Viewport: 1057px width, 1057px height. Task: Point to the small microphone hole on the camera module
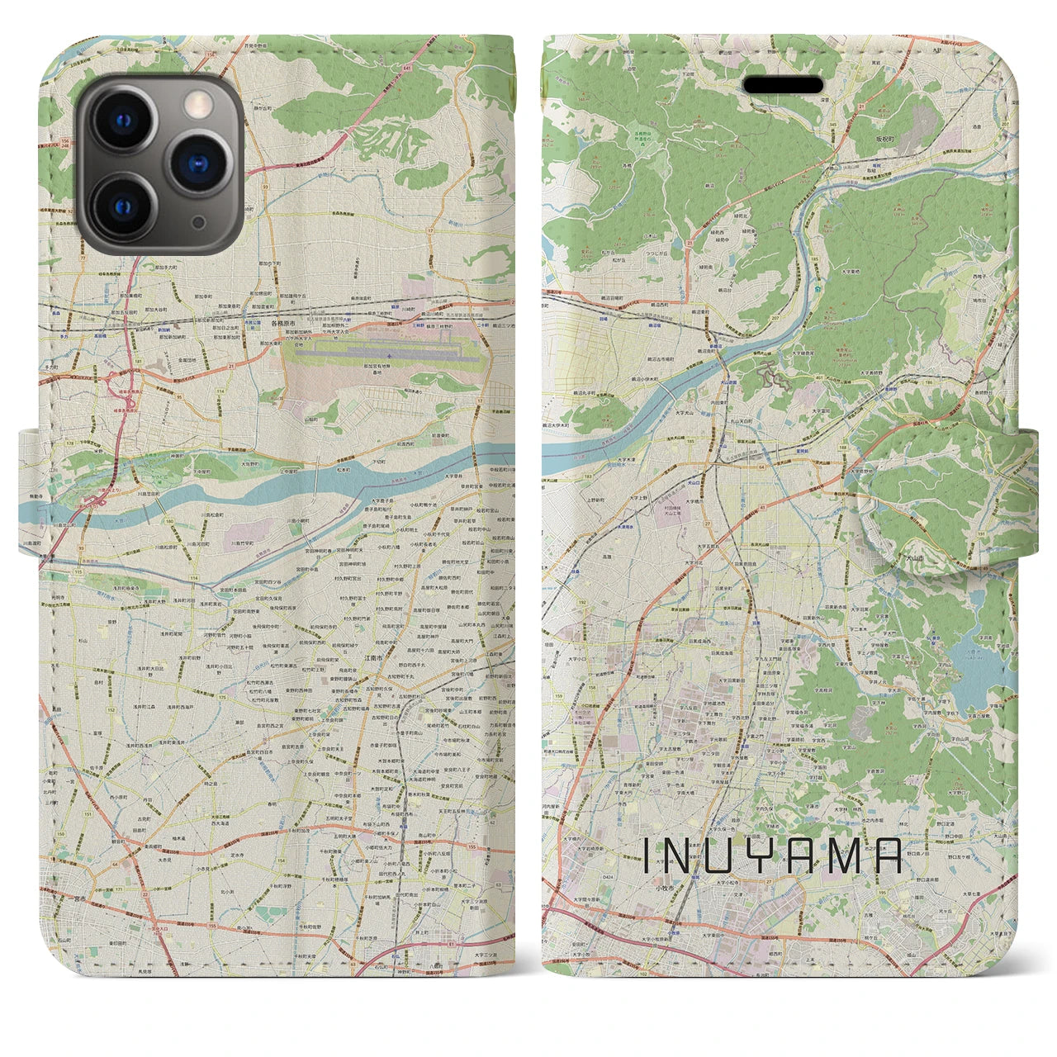click(x=198, y=223)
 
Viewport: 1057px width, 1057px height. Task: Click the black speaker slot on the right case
click(x=784, y=85)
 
